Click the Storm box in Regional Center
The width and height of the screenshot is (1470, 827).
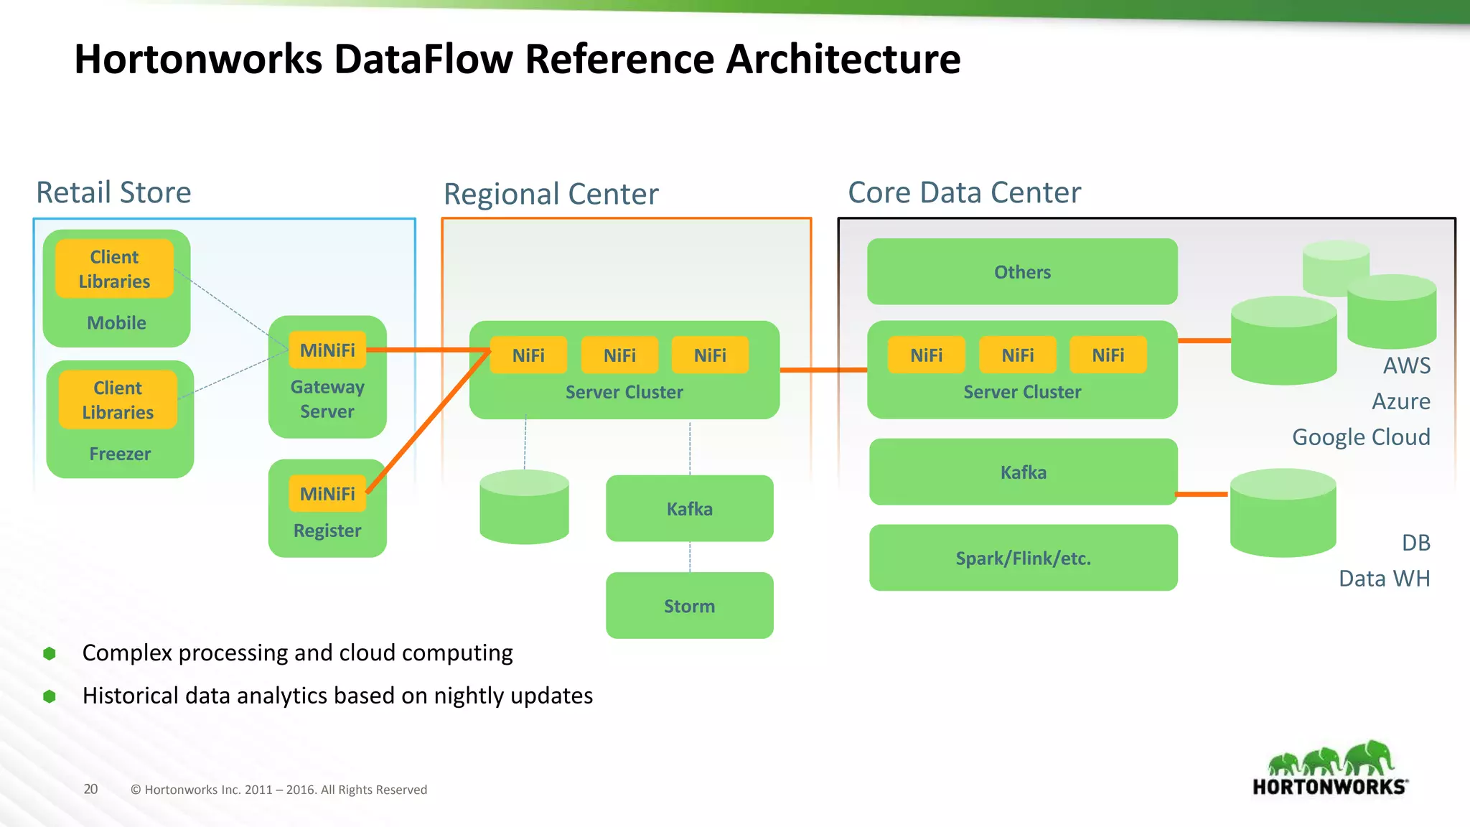pyautogui.click(x=689, y=605)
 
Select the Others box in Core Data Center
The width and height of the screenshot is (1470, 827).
pyautogui.click(x=1022, y=271)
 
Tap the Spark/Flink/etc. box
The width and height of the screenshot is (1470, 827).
pyautogui.click(x=1023, y=558)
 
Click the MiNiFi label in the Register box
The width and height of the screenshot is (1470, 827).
pyautogui.click(x=327, y=494)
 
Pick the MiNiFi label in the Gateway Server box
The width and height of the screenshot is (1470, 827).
pyautogui.click(x=327, y=350)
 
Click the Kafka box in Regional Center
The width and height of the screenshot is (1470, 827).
pyautogui.click(x=689, y=508)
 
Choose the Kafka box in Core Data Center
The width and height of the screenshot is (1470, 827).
pyautogui.click(x=1023, y=472)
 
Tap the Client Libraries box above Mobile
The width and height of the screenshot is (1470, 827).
pyautogui.click(x=115, y=268)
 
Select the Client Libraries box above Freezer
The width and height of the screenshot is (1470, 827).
pyautogui.click(x=118, y=400)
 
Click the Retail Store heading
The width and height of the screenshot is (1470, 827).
pyautogui.click(x=113, y=192)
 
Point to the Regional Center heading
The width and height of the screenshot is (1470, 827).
pyautogui.click(x=551, y=194)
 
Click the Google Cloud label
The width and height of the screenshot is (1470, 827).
pyautogui.click(x=1361, y=436)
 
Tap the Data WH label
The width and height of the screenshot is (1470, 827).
pyautogui.click(x=1384, y=578)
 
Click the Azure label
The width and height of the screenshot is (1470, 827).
pyautogui.click(x=1400, y=401)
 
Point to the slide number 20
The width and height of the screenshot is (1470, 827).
pyautogui.click(x=90, y=789)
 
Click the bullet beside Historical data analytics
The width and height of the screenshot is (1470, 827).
pyautogui.click(x=50, y=696)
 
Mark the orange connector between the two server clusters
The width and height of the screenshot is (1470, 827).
pyautogui.click(x=823, y=370)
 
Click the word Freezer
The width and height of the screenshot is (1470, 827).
pyautogui.click(x=120, y=454)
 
